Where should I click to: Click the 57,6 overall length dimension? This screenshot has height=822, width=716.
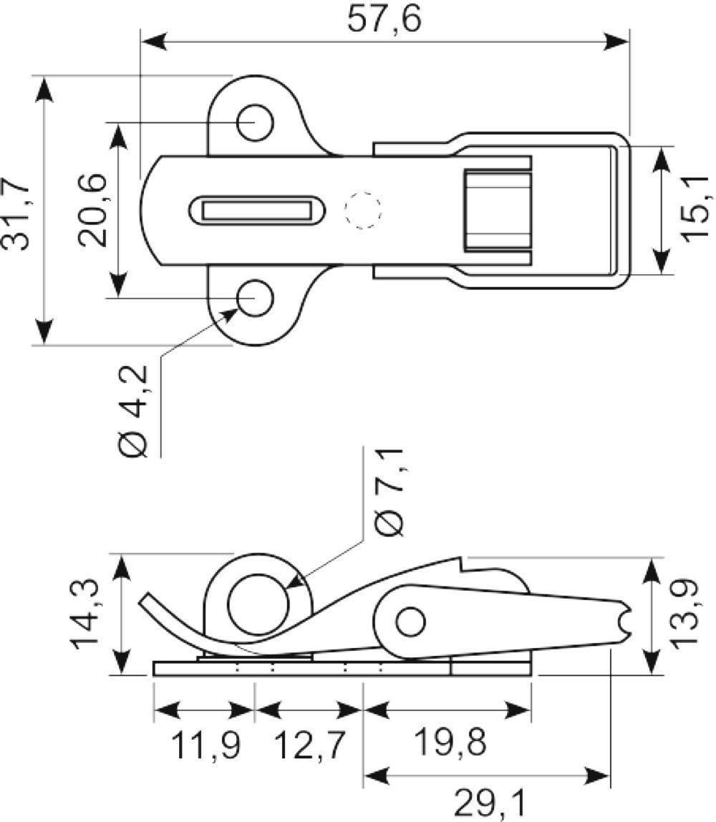pyautogui.click(x=384, y=20)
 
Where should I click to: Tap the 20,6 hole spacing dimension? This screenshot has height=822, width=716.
pyautogui.click(x=93, y=211)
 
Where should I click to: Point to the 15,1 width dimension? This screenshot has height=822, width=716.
pyautogui.click(x=695, y=208)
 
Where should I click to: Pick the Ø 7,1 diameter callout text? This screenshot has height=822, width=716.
pyautogui.click(x=390, y=492)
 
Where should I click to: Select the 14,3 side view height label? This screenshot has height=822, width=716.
pyautogui.click(x=84, y=614)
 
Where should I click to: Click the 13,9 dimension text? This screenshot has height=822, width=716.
pyautogui.click(x=684, y=614)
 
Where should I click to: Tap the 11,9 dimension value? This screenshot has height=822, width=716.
pyautogui.click(x=205, y=745)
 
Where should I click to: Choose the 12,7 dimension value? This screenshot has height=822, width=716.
pyautogui.click(x=310, y=745)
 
